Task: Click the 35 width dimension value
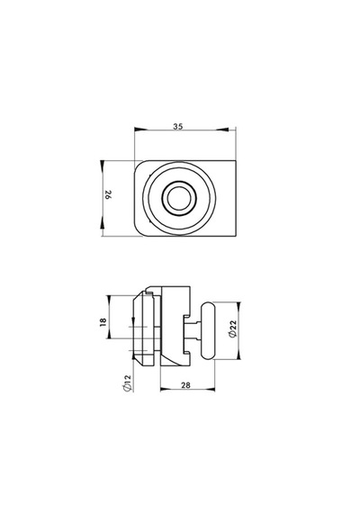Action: click(x=178, y=126)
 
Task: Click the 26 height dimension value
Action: click(x=108, y=195)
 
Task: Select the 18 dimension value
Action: click(x=103, y=322)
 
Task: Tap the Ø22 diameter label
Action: click(x=233, y=328)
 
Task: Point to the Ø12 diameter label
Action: click(x=127, y=383)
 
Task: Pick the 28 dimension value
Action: click(x=185, y=385)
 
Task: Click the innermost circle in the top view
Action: click(x=179, y=198)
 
